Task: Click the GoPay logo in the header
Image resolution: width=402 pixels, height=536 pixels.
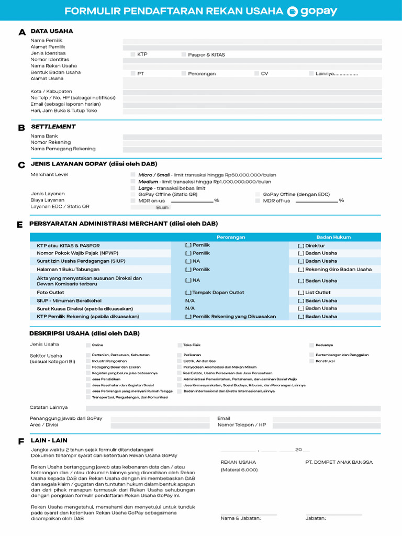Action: pos(312,11)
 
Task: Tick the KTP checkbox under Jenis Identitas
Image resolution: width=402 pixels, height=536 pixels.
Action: pos(132,54)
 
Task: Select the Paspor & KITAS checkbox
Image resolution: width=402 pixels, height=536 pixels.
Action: pos(184,54)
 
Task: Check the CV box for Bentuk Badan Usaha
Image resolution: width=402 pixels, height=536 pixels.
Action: pos(256,74)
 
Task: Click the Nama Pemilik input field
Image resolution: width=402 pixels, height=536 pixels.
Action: pos(252,41)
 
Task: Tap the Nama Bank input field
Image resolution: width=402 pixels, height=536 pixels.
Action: pos(252,136)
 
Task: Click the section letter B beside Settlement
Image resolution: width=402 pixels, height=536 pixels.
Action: pos(21,127)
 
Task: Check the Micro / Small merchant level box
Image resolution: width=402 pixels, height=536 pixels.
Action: pos(132,175)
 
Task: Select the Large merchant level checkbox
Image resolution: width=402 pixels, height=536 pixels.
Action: pos(132,188)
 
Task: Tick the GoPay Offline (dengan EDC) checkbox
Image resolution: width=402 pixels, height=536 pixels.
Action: pos(258,194)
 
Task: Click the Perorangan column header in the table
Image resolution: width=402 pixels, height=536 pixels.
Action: pos(231,237)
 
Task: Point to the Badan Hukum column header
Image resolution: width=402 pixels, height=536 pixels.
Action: pos(333,237)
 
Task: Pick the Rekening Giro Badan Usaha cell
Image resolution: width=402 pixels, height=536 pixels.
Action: pos(334,270)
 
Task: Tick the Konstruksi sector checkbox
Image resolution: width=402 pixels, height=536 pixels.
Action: pos(311,361)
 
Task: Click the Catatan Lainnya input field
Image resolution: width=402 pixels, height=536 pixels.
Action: pos(233,408)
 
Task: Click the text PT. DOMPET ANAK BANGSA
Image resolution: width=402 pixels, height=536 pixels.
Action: pos(339,462)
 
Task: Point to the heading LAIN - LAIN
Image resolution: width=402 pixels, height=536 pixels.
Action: pos(49,441)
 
